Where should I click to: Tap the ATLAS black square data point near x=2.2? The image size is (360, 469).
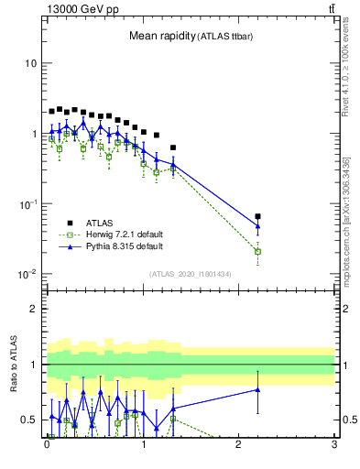(x=257, y=217)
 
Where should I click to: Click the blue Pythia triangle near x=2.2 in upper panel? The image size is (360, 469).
(x=257, y=225)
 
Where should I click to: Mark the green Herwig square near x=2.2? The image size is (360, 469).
(x=257, y=251)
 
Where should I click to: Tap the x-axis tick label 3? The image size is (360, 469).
(x=334, y=449)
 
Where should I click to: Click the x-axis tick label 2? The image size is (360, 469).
(x=238, y=449)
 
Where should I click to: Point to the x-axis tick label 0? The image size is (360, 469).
(x=47, y=449)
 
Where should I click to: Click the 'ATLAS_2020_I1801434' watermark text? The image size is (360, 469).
(x=191, y=274)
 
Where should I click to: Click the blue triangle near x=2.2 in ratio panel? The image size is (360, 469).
(x=257, y=390)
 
